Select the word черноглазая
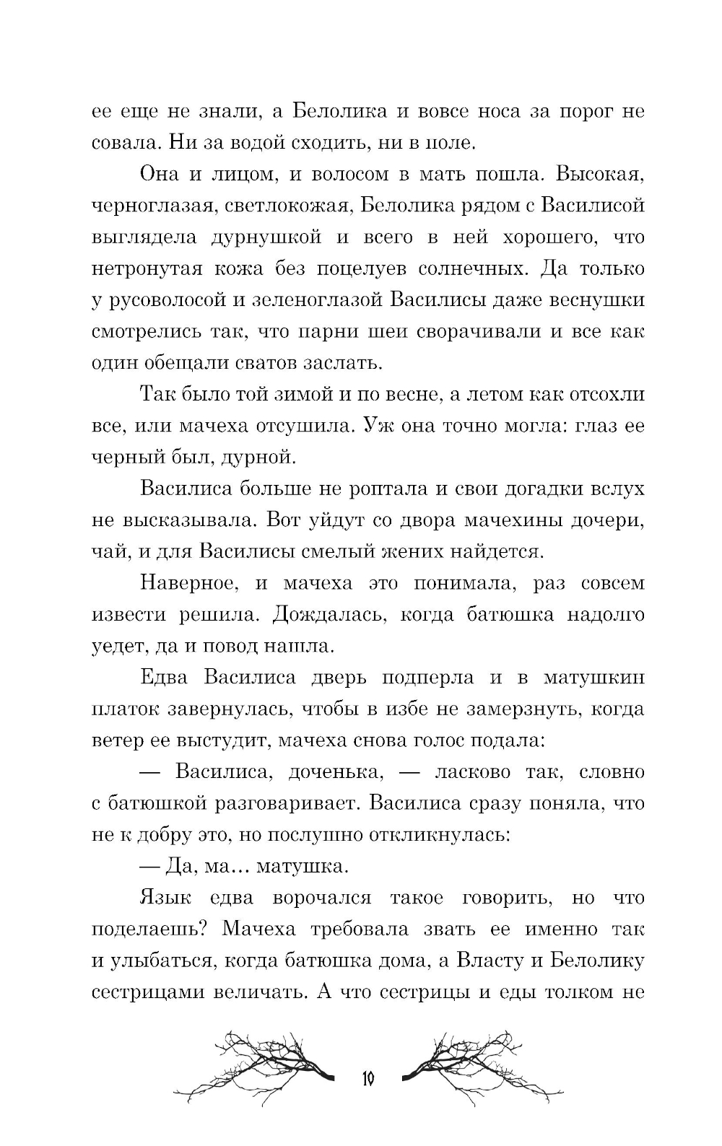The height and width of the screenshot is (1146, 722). point(152,206)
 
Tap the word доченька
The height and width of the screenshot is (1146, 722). point(333,771)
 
